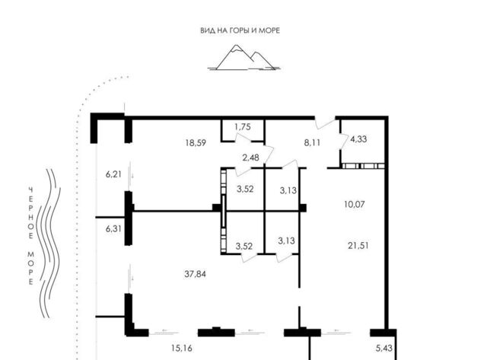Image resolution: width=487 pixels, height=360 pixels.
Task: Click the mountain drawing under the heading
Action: click(244, 58)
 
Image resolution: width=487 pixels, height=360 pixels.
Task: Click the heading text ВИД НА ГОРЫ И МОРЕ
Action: click(240, 30)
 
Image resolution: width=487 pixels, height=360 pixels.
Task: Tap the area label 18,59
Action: click(196, 143)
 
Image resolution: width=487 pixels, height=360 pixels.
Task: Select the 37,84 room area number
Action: click(195, 274)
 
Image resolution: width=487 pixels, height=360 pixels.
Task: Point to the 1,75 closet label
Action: click(243, 127)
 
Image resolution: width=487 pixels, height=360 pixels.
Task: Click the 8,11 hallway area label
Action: click(312, 143)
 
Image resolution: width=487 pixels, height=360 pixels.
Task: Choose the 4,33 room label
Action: click(358, 139)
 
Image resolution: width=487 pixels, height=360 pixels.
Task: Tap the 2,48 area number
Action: click(250, 158)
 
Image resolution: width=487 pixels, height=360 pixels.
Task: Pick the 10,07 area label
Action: click(355, 205)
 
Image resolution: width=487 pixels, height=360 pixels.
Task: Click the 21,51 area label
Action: click(358, 246)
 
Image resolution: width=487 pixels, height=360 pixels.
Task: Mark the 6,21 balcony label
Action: click(113, 174)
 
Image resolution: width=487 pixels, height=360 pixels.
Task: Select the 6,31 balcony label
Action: click(113, 229)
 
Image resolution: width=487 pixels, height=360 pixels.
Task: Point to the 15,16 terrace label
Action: click(182, 348)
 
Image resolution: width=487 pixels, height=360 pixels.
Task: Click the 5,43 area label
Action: click(384, 348)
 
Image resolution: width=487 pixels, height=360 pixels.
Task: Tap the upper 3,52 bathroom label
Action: click(245, 189)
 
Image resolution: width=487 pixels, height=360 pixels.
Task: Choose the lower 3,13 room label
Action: click(286, 241)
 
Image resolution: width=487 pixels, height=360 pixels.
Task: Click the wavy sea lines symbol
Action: click(49, 244)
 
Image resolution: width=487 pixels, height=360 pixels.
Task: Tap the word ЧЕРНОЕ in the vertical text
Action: click(30, 213)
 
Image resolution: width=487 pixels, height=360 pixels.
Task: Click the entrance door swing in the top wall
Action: click(326, 123)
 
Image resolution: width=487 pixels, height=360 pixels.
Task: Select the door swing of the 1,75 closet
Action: click(243, 139)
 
